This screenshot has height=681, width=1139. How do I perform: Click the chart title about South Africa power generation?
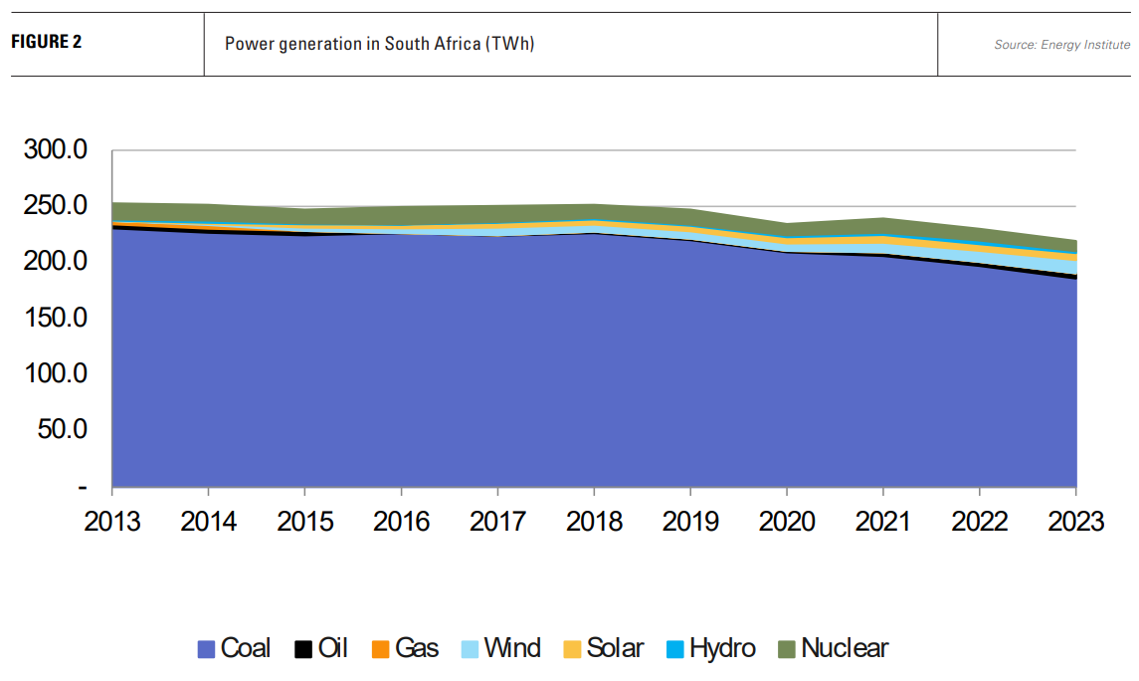[x=380, y=44]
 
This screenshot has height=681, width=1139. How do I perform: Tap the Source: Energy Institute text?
[x=1061, y=45]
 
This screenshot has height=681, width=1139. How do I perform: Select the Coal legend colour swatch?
[x=207, y=649]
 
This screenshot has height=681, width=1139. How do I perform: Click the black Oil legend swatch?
[x=304, y=649]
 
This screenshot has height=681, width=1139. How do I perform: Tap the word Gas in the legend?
[x=417, y=648]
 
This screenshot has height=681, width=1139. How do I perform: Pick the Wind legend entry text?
[x=512, y=648]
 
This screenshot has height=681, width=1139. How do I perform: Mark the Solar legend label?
[x=615, y=648]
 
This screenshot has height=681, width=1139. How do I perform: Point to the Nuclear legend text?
[x=845, y=648]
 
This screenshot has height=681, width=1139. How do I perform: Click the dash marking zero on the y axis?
[x=83, y=487]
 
